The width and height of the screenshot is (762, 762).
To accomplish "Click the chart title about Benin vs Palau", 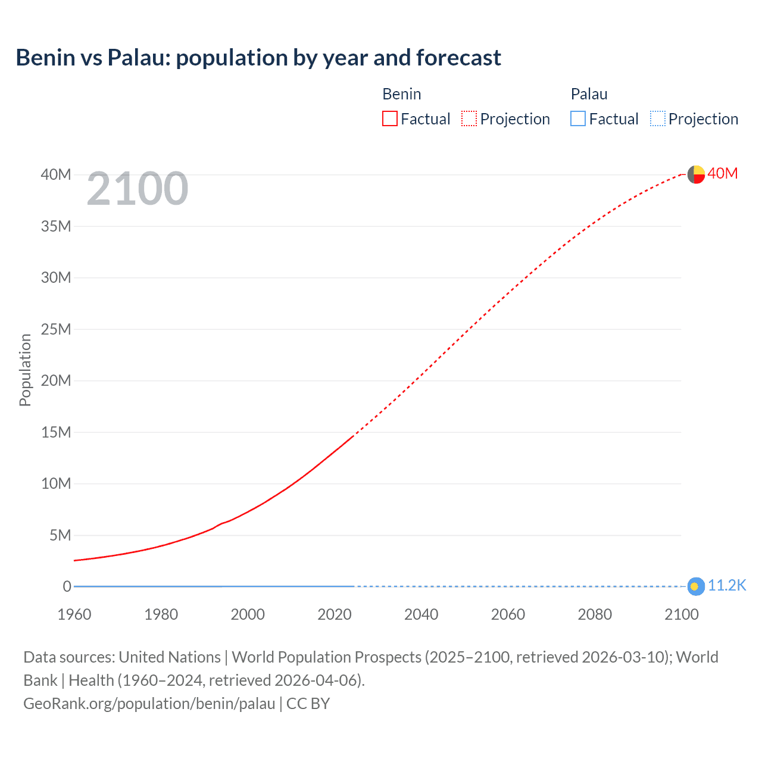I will tap(258, 58).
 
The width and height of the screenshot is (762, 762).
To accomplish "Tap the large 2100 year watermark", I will tap(138, 189).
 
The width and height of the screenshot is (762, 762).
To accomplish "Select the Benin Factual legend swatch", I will tap(390, 119).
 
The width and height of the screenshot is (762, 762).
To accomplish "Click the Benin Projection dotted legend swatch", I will tap(469, 119).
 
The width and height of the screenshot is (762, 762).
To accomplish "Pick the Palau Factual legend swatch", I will tap(578, 119).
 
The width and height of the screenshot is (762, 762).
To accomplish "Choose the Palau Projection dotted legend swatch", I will tap(658, 119).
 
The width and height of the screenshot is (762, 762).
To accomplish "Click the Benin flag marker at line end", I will tap(696, 174).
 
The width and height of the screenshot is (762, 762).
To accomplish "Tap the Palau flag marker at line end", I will tap(695, 586).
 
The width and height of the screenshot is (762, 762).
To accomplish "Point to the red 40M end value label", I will tap(723, 173).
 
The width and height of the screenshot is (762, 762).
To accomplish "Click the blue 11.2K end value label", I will tap(727, 586).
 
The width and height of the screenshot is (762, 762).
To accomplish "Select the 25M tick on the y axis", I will tap(56, 329).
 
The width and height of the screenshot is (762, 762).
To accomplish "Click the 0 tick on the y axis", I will tap(67, 586).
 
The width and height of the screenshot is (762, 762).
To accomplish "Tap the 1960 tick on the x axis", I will tap(74, 614).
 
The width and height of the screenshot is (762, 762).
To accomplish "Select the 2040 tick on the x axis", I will tap(421, 614).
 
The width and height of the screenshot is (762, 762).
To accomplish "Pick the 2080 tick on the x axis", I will tap(595, 614).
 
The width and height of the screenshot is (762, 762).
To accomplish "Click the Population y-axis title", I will tap(25, 370).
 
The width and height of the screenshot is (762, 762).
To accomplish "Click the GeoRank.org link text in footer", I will tap(149, 704).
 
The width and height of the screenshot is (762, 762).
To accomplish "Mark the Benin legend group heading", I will tap(402, 94).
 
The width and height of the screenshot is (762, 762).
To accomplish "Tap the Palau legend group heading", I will tap(589, 94).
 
